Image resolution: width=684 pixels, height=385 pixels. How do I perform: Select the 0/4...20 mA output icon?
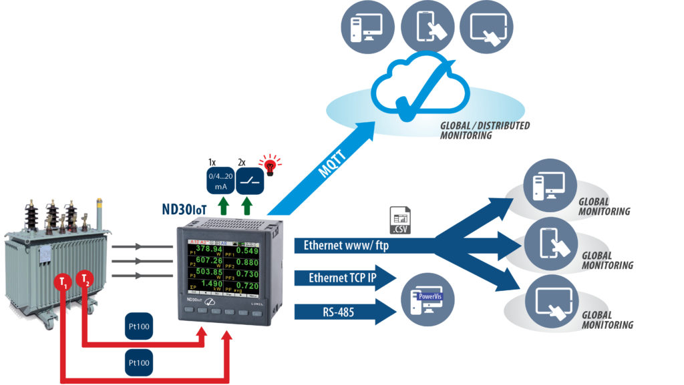pos(220,180)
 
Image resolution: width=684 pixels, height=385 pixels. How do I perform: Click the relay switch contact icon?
pos(250,180)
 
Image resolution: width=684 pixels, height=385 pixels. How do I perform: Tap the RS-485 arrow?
pos(337,310)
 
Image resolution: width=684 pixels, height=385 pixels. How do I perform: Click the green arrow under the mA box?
pos(220,204)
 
